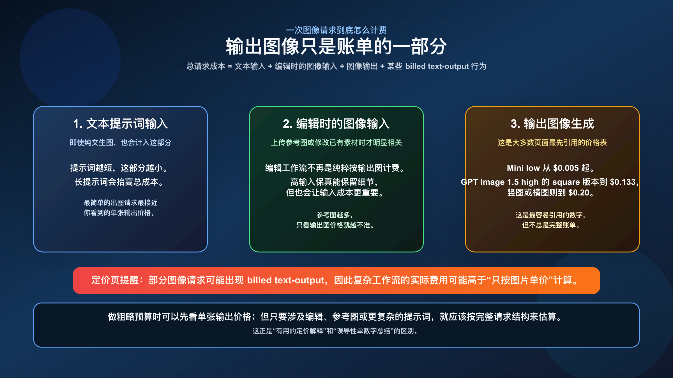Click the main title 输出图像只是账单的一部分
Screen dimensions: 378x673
(336, 46)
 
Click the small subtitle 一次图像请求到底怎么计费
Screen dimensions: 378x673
(336, 30)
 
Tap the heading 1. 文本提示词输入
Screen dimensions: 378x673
(121, 124)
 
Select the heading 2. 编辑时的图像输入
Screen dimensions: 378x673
(336, 124)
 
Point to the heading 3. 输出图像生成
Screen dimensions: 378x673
(552, 124)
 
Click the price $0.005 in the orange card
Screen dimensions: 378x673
(566, 168)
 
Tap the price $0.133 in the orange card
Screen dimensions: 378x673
(623, 182)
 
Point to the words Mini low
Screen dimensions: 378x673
(523, 168)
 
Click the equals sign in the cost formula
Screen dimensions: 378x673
(230, 66)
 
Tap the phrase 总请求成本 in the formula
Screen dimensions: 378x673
(206, 66)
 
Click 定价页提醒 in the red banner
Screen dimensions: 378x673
(115, 280)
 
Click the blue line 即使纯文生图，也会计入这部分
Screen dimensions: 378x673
(121, 143)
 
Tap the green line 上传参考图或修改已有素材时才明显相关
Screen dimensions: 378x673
(336, 143)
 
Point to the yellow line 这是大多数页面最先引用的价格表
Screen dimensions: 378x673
(552, 143)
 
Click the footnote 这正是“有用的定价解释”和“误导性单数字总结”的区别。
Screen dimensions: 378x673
(336, 331)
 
